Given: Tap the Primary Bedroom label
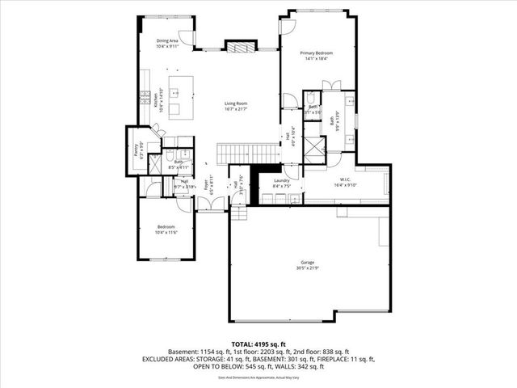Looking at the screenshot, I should [318, 53].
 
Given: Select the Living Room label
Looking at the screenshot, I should [236, 103].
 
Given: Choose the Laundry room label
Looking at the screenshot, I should [281, 180].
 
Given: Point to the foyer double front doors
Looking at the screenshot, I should [212, 209].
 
